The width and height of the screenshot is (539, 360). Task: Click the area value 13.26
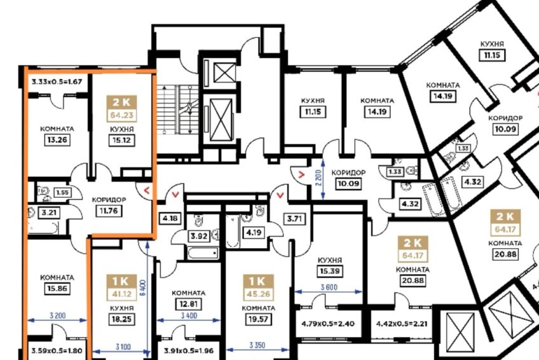[57, 140]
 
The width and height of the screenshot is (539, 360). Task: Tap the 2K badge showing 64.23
[121, 109]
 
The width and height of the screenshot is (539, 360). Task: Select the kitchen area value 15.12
[121, 141]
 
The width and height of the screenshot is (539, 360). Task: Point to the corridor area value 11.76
[109, 211]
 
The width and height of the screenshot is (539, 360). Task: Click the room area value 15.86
[57, 289]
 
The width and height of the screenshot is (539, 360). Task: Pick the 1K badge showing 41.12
[121, 287]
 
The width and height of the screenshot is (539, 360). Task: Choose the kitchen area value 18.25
[121, 319]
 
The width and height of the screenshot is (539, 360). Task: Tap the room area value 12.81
[189, 304]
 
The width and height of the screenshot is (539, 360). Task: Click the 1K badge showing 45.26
[258, 287]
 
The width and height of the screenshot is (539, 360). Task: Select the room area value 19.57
[258, 319]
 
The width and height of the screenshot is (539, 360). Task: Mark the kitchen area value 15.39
[330, 271]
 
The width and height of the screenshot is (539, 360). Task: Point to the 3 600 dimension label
[329, 287]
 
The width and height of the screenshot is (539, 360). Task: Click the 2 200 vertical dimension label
[318, 178]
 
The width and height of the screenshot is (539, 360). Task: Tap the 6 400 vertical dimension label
[144, 288]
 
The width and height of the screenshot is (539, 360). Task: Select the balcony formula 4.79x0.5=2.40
[328, 324]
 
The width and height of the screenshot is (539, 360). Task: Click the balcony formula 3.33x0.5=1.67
[57, 82]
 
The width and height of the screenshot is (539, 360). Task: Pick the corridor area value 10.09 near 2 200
[348, 183]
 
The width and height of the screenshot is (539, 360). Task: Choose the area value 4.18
[170, 218]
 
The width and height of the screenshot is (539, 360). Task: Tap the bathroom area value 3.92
[199, 236]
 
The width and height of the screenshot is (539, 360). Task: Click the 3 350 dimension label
[257, 345]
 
